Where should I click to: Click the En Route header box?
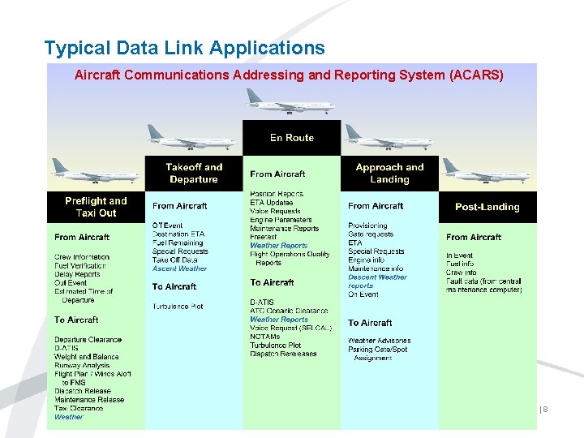(291, 138)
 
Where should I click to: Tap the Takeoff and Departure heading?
(194, 174)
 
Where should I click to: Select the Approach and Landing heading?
(389, 174)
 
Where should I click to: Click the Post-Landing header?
(487, 207)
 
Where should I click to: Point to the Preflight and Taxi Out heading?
(96, 207)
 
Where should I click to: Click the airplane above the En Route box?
(290, 102)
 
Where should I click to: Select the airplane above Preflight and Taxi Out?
(96, 171)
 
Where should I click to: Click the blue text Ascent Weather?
(180, 268)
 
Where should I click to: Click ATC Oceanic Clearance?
(289, 311)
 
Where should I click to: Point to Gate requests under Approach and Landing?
(371, 234)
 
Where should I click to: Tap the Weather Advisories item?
(379, 341)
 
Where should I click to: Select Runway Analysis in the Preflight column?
(82, 366)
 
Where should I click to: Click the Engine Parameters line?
(281, 220)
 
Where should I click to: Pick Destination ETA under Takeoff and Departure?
(178, 234)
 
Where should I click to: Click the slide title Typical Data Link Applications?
(184, 48)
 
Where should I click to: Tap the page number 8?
(545, 410)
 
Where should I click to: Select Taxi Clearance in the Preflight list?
(79, 408)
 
